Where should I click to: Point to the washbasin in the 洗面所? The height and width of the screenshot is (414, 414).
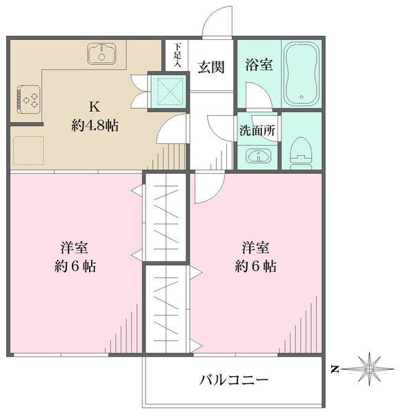tap(257, 157)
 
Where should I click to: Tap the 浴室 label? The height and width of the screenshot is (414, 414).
tap(259, 66)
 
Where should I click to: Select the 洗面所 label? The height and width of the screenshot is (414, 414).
tap(257, 130)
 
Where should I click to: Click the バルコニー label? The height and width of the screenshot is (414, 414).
tap(234, 379)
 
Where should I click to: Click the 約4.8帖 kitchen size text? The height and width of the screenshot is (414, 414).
tap(95, 126)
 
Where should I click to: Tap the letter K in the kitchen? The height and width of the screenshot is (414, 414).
tap(94, 107)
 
